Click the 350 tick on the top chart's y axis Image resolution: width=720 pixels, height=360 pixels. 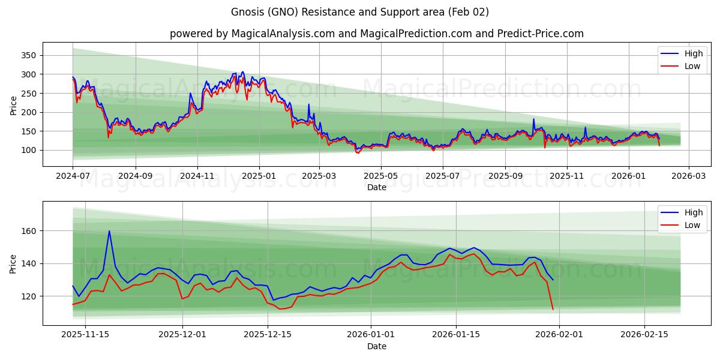28,55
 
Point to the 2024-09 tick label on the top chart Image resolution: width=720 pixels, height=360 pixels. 135,176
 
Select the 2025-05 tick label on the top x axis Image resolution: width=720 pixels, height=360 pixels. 381,176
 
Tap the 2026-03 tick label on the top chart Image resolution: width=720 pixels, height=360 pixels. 688,176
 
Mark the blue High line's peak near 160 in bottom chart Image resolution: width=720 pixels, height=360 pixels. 109,231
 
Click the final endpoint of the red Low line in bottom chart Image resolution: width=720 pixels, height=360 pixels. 553,309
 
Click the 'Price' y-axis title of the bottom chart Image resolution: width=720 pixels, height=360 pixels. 13,263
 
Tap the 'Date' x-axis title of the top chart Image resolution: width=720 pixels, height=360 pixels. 376,187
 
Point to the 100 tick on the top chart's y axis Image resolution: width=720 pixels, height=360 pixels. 28,150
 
